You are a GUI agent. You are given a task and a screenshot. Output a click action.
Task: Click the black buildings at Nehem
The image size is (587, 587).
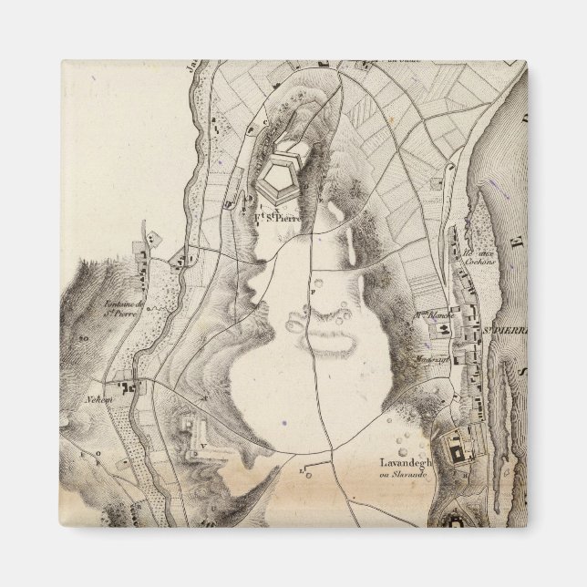tap(139, 388)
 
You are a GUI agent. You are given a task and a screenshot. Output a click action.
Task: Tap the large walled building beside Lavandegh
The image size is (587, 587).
tap(454, 448)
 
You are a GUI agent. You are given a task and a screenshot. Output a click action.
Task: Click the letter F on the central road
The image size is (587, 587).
tap(312, 291)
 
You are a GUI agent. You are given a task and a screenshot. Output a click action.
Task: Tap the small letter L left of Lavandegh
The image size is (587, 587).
tap(302, 469)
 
